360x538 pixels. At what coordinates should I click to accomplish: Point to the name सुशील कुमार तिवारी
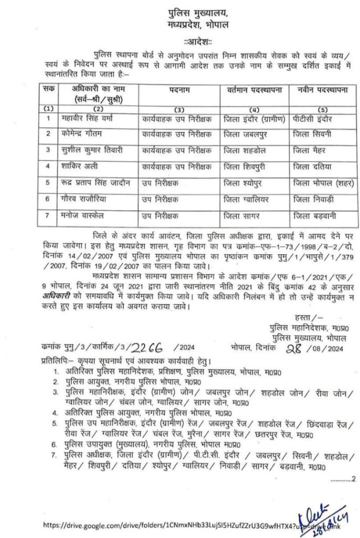tap(104, 150)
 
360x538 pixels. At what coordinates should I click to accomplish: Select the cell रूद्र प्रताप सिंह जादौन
tap(102, 183)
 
